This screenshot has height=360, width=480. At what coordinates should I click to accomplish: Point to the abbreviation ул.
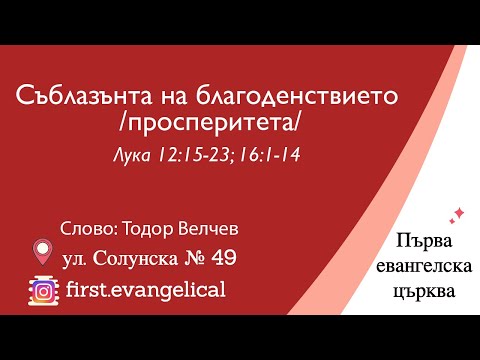point(76,259)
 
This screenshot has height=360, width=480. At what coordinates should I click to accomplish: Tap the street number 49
point(225,258)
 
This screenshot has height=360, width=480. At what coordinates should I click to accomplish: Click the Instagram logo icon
point(42,289)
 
